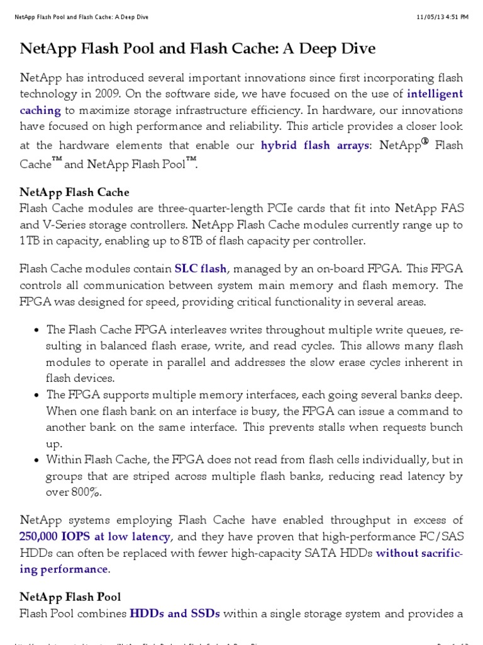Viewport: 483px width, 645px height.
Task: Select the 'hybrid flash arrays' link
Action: pyautogui.click(x=315, y=146)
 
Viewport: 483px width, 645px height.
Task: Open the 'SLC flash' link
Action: pyautogui.click(x=200, y=269)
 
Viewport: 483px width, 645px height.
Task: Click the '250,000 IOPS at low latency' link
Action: pyautogui.click(x=94, y=537)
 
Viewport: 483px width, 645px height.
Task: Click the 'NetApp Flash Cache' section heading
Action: pyautogui.click(x=74, y=192)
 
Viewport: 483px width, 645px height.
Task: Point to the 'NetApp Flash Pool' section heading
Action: pyautogui.click(x=70, y=596)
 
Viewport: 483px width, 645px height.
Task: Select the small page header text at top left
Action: pyautogui.click(x=81, y=17)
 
